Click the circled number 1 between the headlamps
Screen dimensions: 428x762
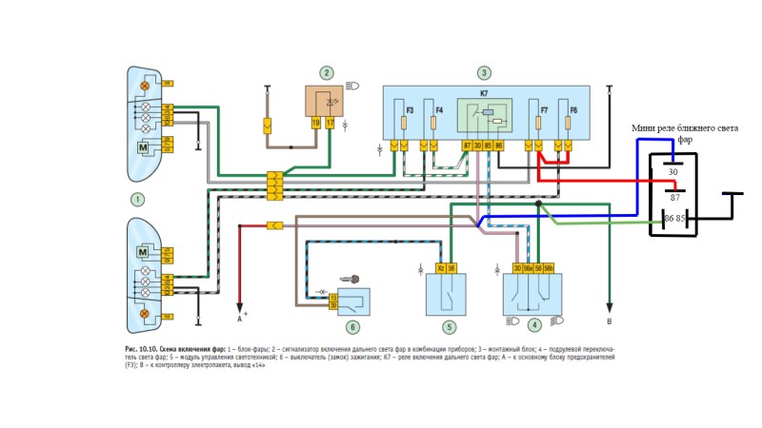(x=138, y=199)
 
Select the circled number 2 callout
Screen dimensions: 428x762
(x=327, y=72)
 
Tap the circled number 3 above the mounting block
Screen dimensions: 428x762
(x=485, y=72)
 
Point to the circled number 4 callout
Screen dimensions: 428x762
(x=535, y=324)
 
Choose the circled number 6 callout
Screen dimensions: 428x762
(x=352, y=327)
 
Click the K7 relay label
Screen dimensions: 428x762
(x=484, y=93)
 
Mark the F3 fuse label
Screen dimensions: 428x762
(x=409, y=111)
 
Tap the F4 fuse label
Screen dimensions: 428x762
(x=438, y=111)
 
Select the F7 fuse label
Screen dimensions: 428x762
(x=544, y=111)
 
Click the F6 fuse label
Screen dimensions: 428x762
(x=573, y=111)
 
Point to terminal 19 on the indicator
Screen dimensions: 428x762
(x=315, y=123)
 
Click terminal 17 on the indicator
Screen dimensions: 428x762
(x=331, y=123)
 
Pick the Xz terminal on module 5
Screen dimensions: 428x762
(x=440, y=268)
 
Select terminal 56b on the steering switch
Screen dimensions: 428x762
(x=549, y=268)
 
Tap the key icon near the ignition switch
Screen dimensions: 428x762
(x=354, y=280)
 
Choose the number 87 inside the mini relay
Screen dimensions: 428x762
(x=674, y=197)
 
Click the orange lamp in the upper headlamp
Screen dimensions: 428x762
(x=146, y=87)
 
